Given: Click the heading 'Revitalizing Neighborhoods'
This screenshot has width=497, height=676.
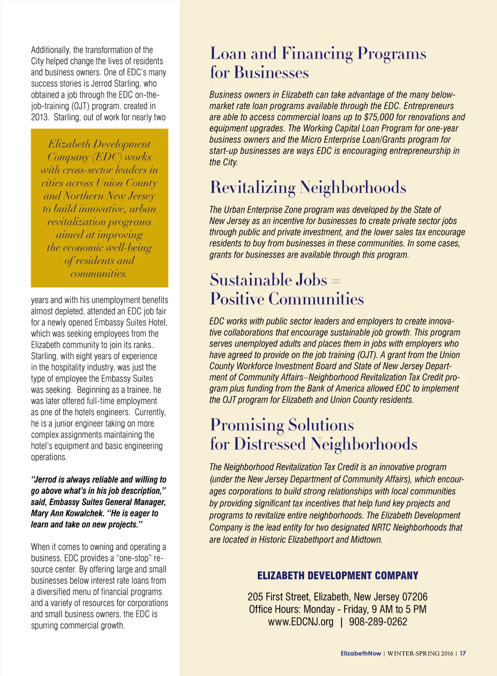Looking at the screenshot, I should pos(308,187).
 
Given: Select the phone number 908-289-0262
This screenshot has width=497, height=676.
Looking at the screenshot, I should pos(378,622).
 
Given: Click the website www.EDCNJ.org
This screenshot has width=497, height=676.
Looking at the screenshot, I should pos(300,622).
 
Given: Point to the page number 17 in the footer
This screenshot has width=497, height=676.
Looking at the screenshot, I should pos(463,654).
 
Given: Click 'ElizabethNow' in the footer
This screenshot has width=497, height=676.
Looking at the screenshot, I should pos(361,654).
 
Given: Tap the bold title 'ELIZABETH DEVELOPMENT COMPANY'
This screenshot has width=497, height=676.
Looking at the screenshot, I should pos(337,575).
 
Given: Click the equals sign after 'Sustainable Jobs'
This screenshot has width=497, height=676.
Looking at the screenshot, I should pos(336,281).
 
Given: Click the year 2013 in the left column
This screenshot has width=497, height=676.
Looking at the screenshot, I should pos(40,117).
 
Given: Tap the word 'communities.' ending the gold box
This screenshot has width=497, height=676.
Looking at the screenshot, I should pos(99,274).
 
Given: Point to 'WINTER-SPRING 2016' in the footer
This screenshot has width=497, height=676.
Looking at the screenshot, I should pos(420,654).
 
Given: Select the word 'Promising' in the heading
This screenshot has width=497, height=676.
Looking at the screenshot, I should pos(247,425).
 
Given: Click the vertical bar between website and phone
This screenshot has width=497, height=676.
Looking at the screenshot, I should pos(341,622).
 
